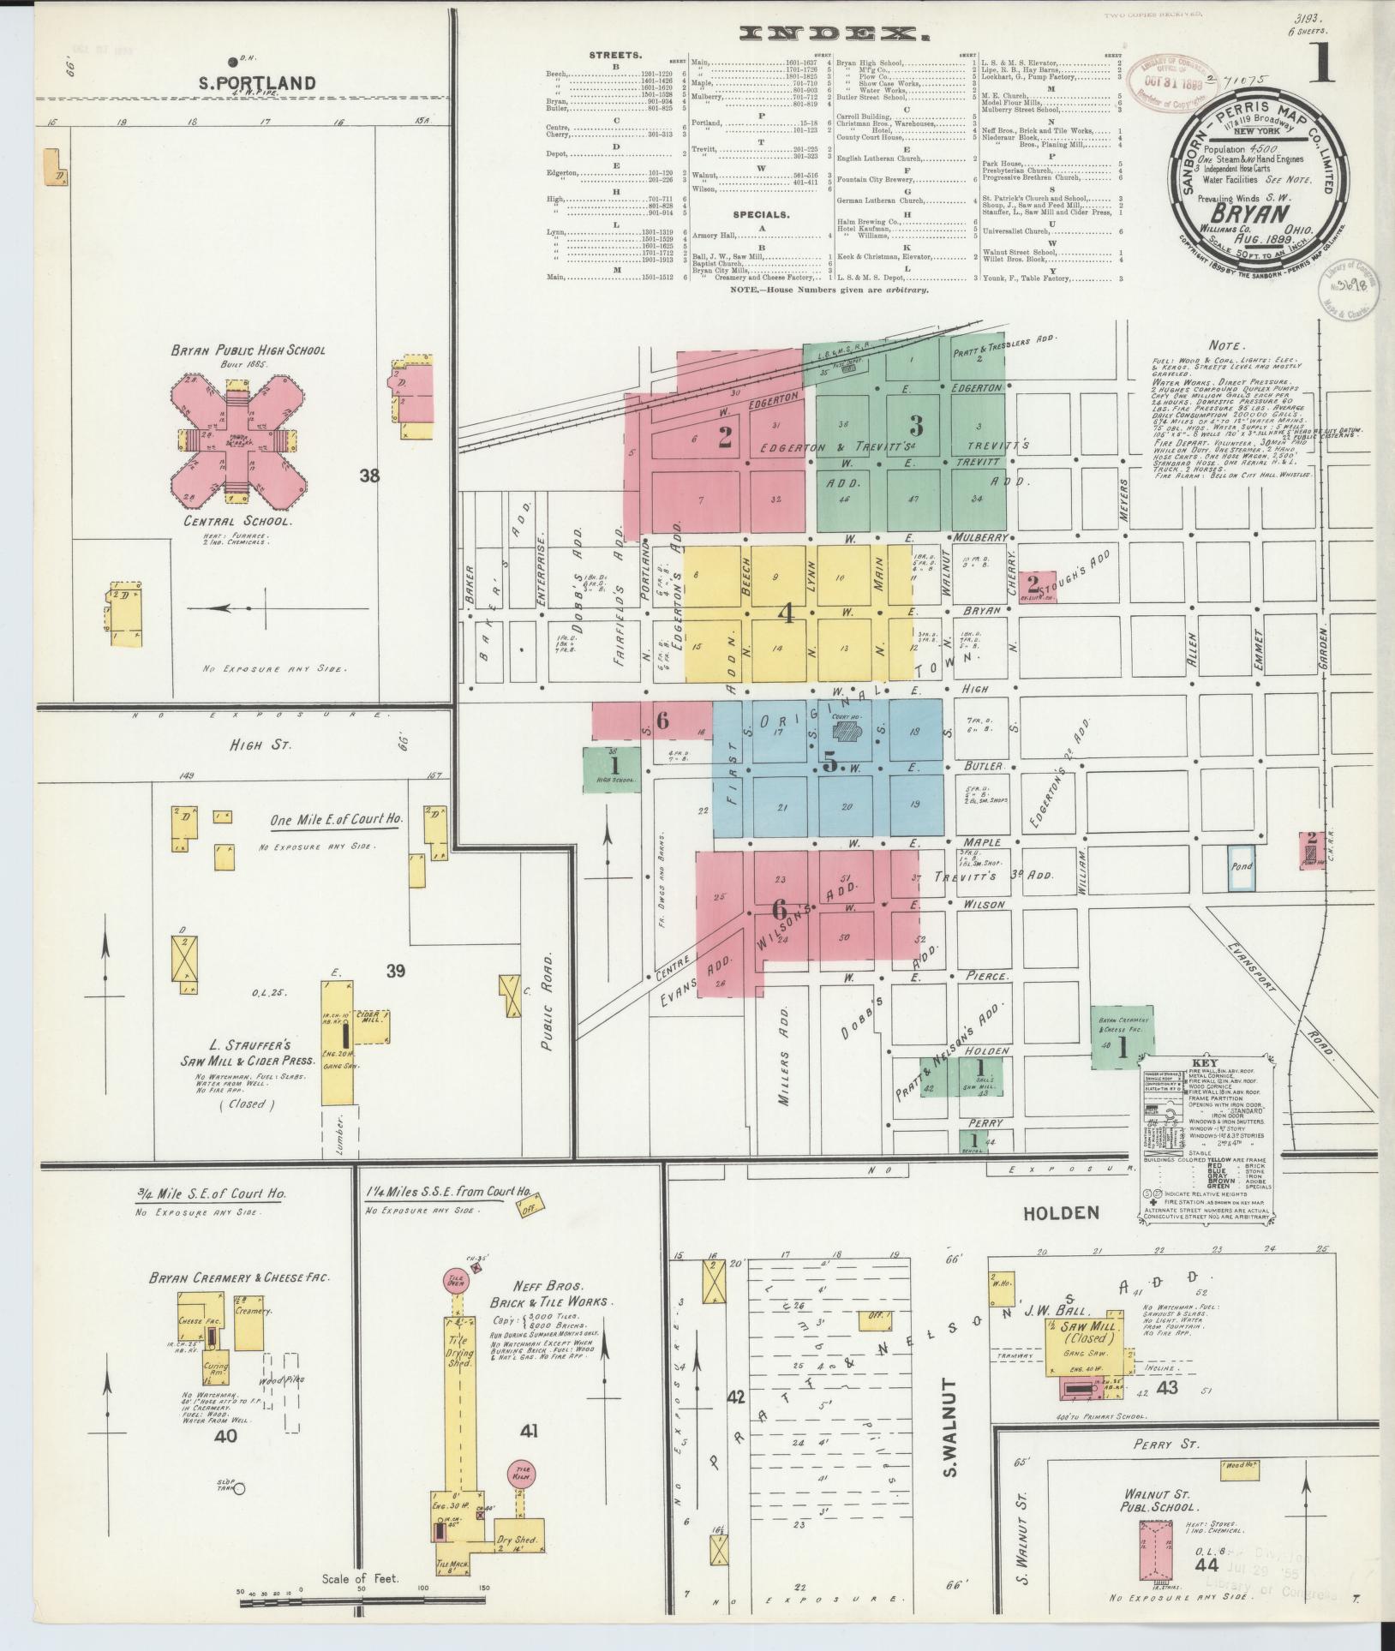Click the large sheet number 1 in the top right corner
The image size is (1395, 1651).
[1321, 68]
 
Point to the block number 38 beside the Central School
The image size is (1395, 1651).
[369, 476]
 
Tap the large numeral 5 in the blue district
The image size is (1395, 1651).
[829, 761]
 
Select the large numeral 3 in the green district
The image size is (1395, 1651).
[916, 425]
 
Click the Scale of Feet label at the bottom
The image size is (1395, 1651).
[360, 1578]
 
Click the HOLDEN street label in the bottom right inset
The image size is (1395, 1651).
[1047, 1211]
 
